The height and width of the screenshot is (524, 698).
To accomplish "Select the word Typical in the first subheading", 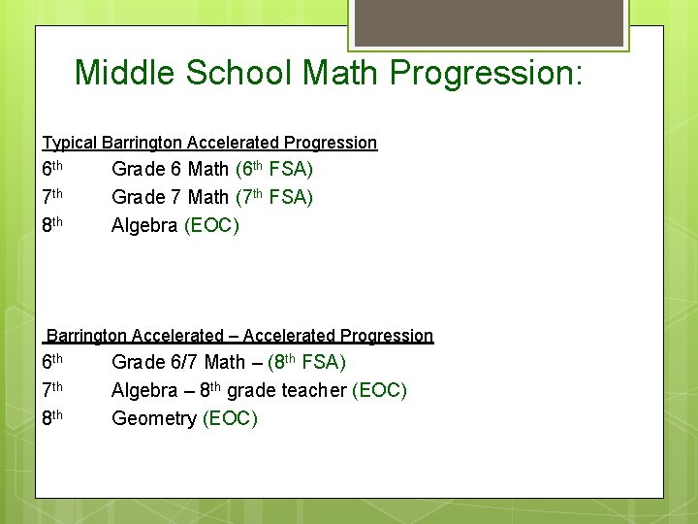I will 69,143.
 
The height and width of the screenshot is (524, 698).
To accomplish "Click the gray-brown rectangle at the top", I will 489,22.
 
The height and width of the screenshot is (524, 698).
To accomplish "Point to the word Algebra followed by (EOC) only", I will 144,225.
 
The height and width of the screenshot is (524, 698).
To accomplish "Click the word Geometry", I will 153,418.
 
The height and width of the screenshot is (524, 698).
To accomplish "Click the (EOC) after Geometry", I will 230,418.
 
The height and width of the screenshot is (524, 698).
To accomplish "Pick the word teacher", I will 313,390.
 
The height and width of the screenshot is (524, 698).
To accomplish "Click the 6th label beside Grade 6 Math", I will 52,169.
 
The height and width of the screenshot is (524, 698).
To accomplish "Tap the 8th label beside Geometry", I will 52,418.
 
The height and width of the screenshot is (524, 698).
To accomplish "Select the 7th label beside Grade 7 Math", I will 52,197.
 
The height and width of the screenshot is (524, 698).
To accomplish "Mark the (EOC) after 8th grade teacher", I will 380,390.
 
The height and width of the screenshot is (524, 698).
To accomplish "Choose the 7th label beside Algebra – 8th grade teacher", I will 52,390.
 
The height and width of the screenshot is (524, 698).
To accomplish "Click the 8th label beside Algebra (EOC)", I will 52,225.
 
